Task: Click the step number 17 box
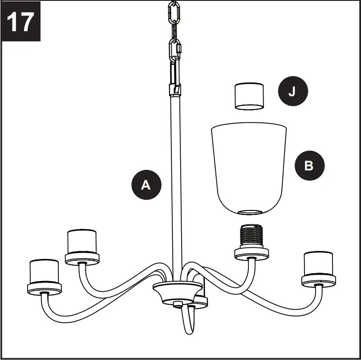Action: pyautogui.click(x=20, y=21)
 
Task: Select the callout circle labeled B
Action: pyautogui.click(x=310, y=166)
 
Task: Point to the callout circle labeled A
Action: pyautogui.click(x=146, y=185)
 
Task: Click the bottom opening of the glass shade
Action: pyautogui.click(x=250, y=212)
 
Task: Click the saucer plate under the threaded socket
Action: pyautogui.click(x=251, y=254)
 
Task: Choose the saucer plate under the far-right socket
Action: pyautogui.click(x=318, y=280)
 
